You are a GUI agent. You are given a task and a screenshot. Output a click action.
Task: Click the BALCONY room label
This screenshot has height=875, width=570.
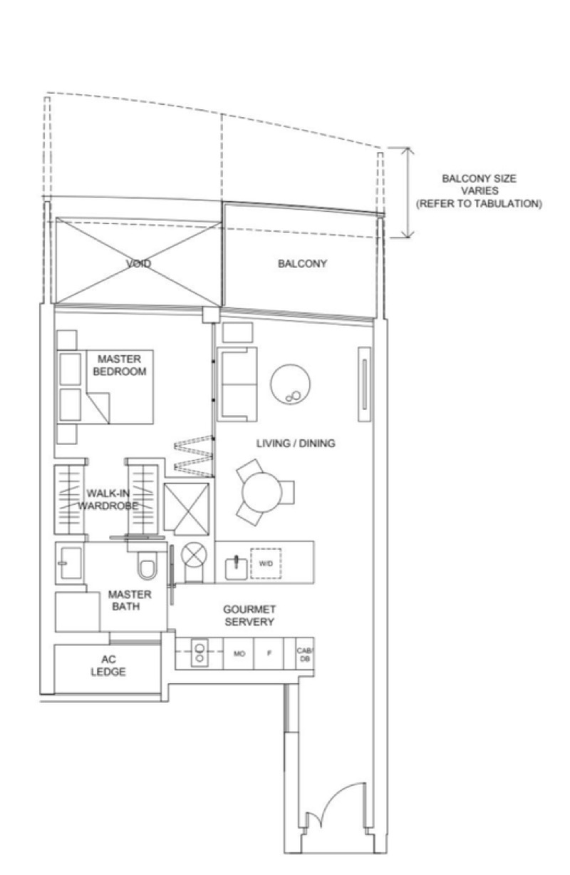(x=303, y=264)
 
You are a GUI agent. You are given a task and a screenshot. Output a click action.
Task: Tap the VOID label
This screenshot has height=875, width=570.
(x=138, y=264)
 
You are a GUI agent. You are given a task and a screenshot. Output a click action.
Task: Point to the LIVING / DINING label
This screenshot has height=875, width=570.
(x=296, y=444)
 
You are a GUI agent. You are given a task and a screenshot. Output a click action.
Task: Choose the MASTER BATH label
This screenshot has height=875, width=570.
(x=129, y=600)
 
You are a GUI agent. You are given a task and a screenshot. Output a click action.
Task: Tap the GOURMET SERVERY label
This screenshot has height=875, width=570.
(x=249, y=616)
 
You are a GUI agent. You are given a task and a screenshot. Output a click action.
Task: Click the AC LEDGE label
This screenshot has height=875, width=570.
(x=108, y=666)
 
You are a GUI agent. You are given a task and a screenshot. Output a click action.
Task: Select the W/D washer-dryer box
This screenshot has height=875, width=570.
(x=266, y=563)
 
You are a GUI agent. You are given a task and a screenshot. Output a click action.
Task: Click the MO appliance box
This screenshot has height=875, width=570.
(x=239, y=653)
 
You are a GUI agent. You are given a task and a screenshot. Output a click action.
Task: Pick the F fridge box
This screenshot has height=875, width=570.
(x=269, y=653)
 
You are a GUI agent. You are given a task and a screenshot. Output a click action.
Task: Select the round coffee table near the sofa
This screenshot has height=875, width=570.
(x=289, y=386)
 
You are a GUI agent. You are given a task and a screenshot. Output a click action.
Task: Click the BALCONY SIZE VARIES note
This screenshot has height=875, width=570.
(x=479, y=190)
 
